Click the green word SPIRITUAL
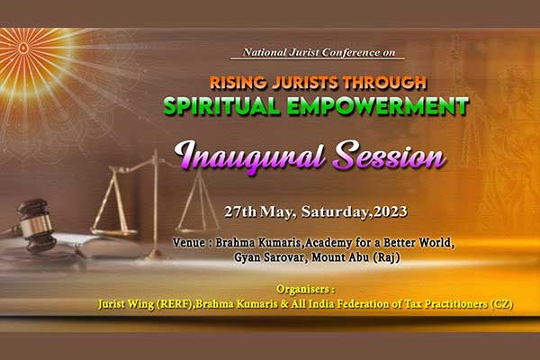[x=222, y=106]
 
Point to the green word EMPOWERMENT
[x=378, y=106]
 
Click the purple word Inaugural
[x=250, y=157]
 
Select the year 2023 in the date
[x=391, y=211]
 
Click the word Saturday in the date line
[x=335, y=211]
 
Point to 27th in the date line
[x=240, y=211]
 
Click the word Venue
[x=189, y=242]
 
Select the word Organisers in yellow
[x=303, y=289]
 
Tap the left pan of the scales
[x=113, y=232]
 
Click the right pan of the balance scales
[x=197, y=229]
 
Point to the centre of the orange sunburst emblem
[x=23, y=47]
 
